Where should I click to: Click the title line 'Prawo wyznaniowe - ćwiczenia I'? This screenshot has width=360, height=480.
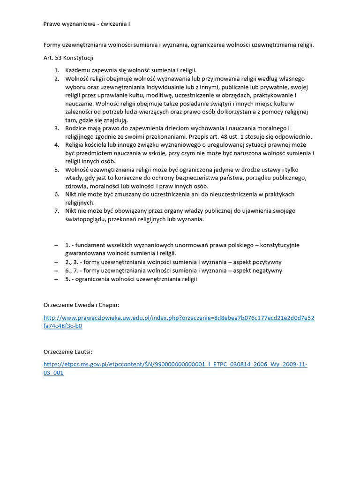[90, 24]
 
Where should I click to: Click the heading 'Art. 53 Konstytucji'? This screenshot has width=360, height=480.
[68, 58]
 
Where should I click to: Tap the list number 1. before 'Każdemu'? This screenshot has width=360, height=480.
[57, 70]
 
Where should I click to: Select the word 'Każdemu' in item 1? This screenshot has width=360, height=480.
[79, 70]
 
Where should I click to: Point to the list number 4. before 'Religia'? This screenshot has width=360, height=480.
[57, 144]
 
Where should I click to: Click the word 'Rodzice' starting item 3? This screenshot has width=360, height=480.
[77, 128]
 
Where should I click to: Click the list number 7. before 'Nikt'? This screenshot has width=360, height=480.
[57, 211]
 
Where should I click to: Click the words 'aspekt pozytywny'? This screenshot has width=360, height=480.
[258, 262]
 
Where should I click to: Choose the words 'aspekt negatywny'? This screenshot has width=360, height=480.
[258, 270]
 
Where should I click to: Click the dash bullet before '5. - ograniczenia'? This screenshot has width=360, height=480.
[56, 279]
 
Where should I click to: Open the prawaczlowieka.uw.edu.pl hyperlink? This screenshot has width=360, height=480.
[179, 318]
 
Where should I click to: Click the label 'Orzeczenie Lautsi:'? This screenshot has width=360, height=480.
[67, 351]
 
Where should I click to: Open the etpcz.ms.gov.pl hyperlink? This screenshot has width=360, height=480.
[175, 364]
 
